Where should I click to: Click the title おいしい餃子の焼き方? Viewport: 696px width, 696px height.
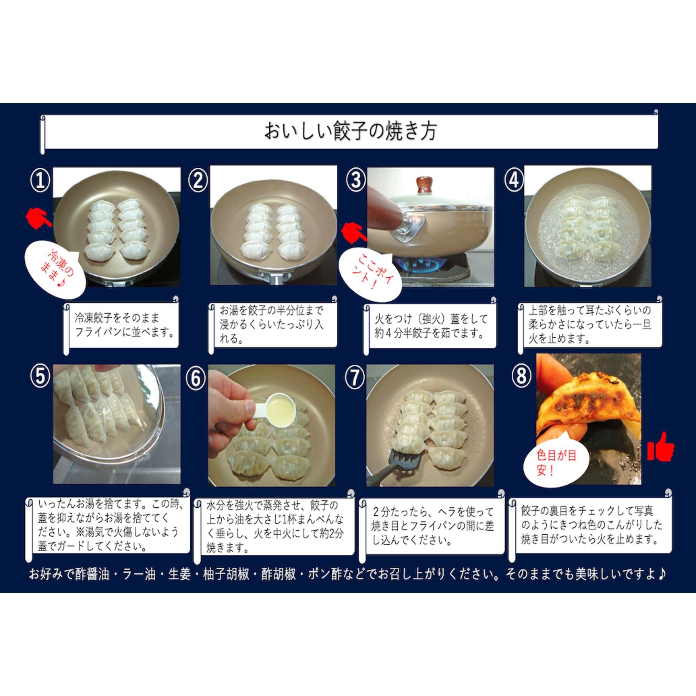(350, 131)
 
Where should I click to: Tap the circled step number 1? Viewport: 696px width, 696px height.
(40, 181)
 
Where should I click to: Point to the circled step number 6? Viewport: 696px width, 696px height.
(196, 379)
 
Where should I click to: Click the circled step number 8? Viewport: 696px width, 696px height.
(521, 375)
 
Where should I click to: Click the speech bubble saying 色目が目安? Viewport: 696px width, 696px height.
(556, 461)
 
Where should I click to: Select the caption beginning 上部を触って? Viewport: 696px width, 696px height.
(590, 324)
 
